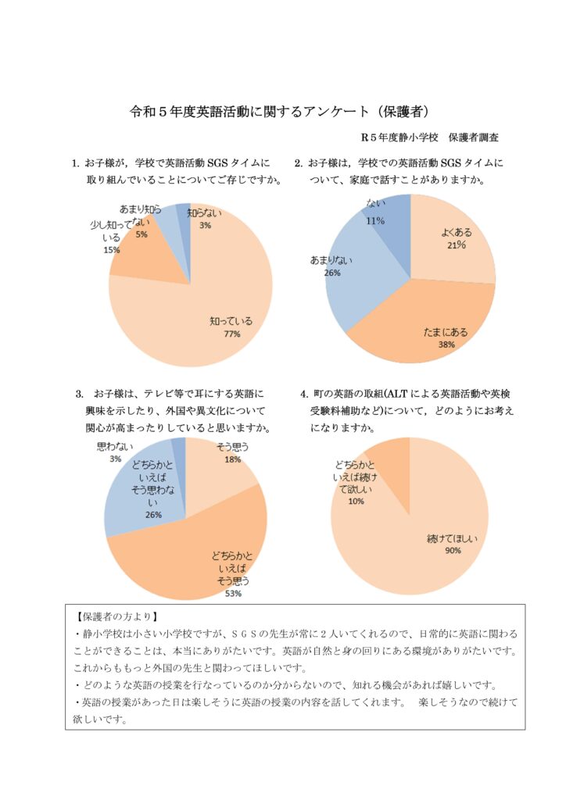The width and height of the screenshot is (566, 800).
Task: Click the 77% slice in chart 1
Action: tap(204, 316)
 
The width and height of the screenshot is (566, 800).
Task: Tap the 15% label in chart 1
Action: tap(112, 250)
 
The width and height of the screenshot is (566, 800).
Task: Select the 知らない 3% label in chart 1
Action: tap(204, 219)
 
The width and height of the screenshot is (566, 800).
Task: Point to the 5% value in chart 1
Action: tap(141, 234)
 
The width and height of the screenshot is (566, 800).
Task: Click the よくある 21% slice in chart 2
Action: tap(449, 240)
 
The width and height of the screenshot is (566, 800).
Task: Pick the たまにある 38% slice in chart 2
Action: tap(428, 327)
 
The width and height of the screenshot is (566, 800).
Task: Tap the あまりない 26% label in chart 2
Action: tap(331, 266)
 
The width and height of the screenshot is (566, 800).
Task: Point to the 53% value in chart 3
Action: tap(233, 594)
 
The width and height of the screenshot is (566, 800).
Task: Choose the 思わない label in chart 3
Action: tap(116, 447)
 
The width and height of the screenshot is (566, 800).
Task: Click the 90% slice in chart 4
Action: tap(424, 541)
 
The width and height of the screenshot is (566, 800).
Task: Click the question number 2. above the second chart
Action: tap(299, 163)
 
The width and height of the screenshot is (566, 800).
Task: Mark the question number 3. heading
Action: tap(80, 394)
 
